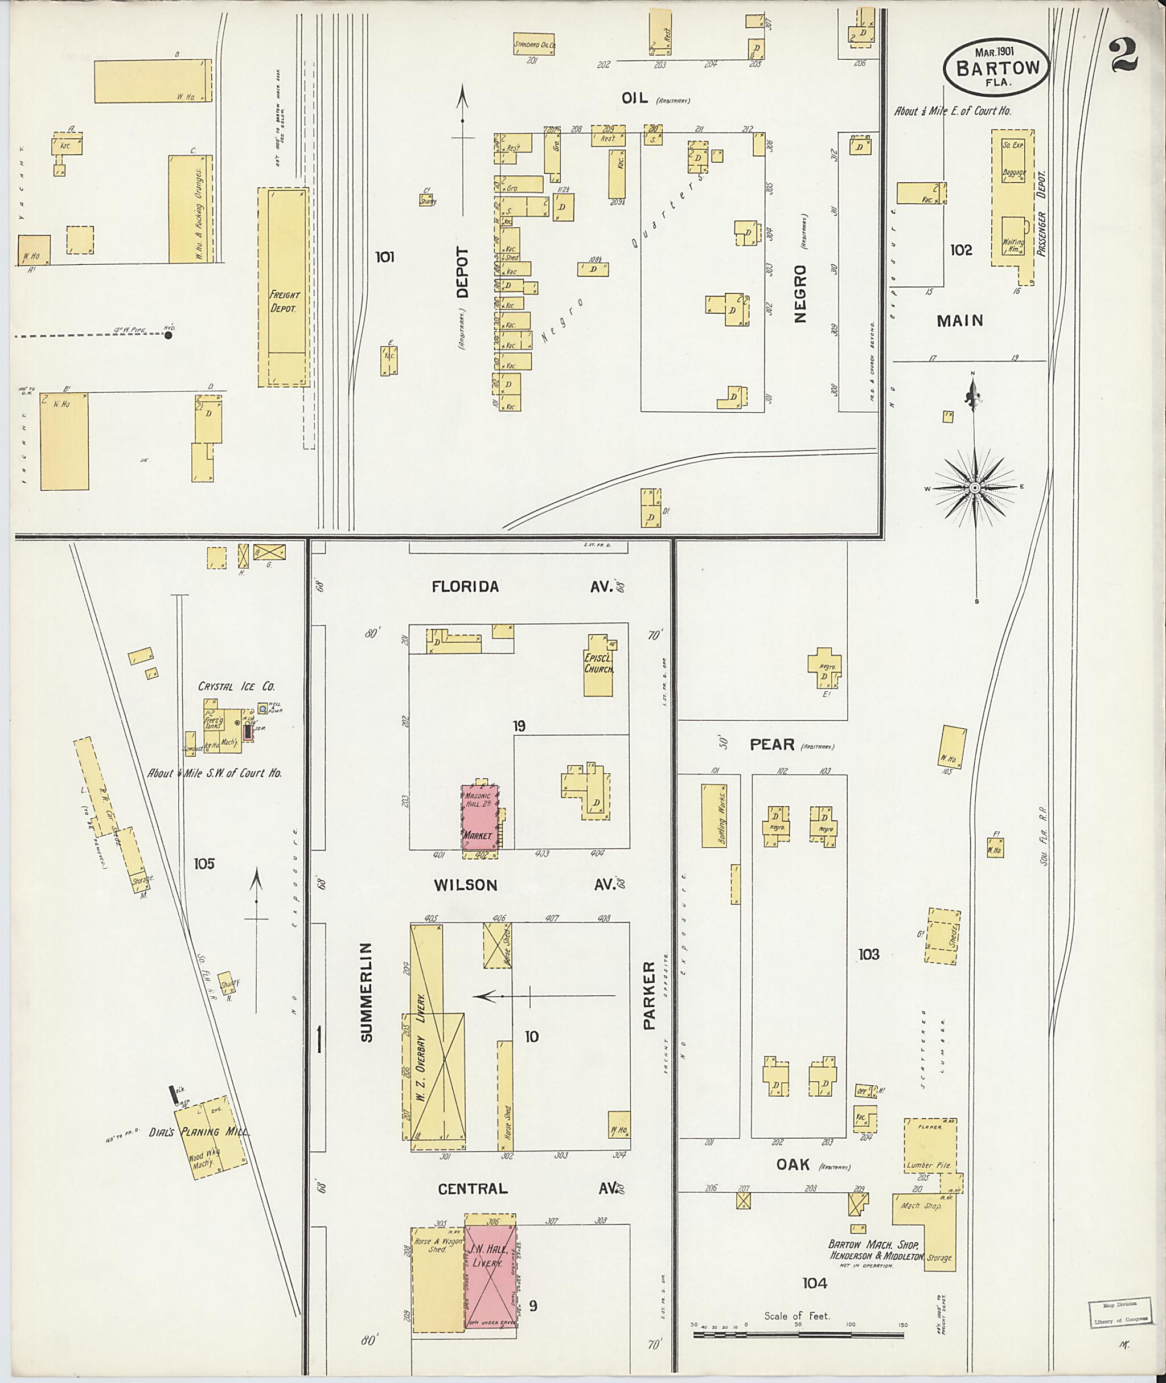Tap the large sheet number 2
(x=1124, y=54)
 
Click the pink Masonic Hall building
(x=480, y=817)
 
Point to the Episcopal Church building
(x=598, y=666)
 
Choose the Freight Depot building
(x=284, y=286)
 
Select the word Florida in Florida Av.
(x=465, y=586)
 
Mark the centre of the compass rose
(x=974, y=487)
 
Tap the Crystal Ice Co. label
(x=237, y=686)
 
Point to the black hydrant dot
(x=169, y=335)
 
